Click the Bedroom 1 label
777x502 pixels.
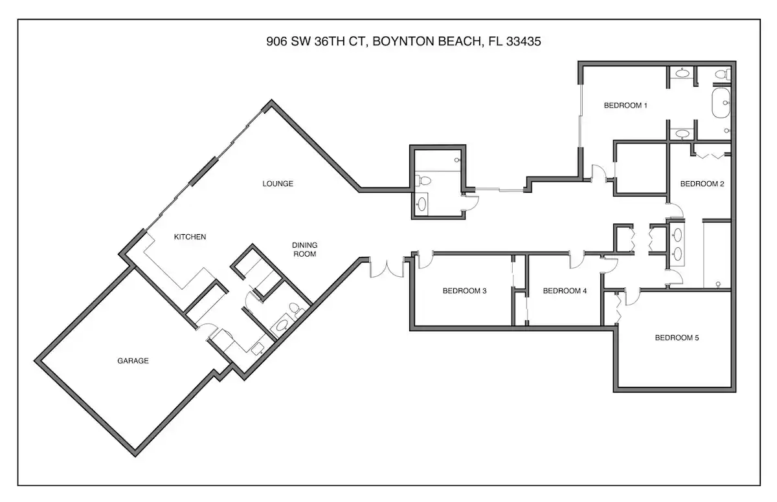pos(625,105)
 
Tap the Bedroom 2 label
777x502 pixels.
pos(702,184)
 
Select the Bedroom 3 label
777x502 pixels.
pos(464,290)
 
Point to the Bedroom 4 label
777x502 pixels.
pos(565,290)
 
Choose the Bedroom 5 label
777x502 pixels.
pos(677,338)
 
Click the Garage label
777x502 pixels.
pos(133,360)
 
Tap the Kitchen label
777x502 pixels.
pos(190,237)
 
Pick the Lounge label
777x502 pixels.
pos(278,184)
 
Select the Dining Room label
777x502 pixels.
pos(304,250)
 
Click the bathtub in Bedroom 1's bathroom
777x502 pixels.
pos(721,103)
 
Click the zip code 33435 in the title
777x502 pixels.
pos(523,41)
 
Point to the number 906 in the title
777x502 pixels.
pos(277,41)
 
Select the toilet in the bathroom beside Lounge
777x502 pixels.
pos(423,180)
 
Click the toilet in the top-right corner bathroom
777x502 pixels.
pos(723,74)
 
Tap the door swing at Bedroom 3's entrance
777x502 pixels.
pos(425,260)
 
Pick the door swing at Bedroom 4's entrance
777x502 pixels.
pos(577,260)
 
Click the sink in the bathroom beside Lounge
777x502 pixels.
pos(422,204)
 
